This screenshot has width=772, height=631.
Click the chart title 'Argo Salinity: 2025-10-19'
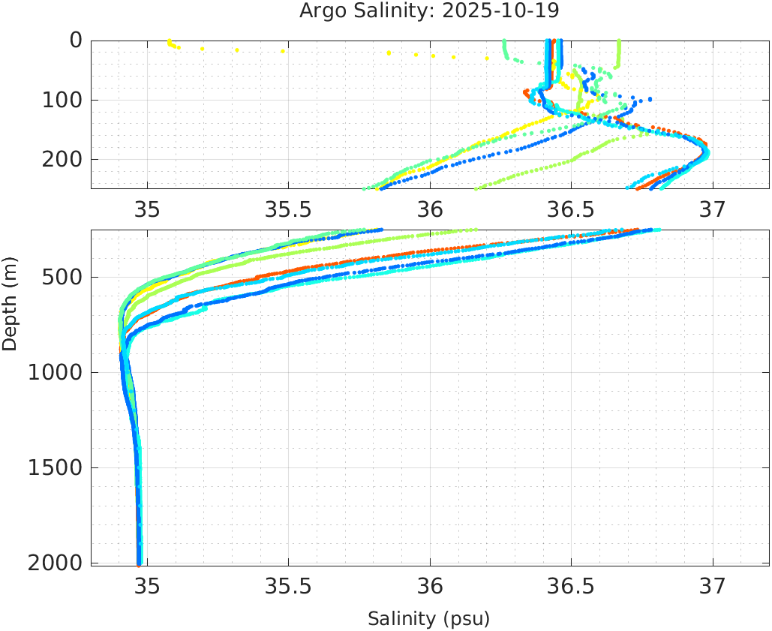429,11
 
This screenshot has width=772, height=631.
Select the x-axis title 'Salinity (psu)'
428,619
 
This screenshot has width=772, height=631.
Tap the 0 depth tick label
76,41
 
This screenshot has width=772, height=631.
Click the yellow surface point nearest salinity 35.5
283,51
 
